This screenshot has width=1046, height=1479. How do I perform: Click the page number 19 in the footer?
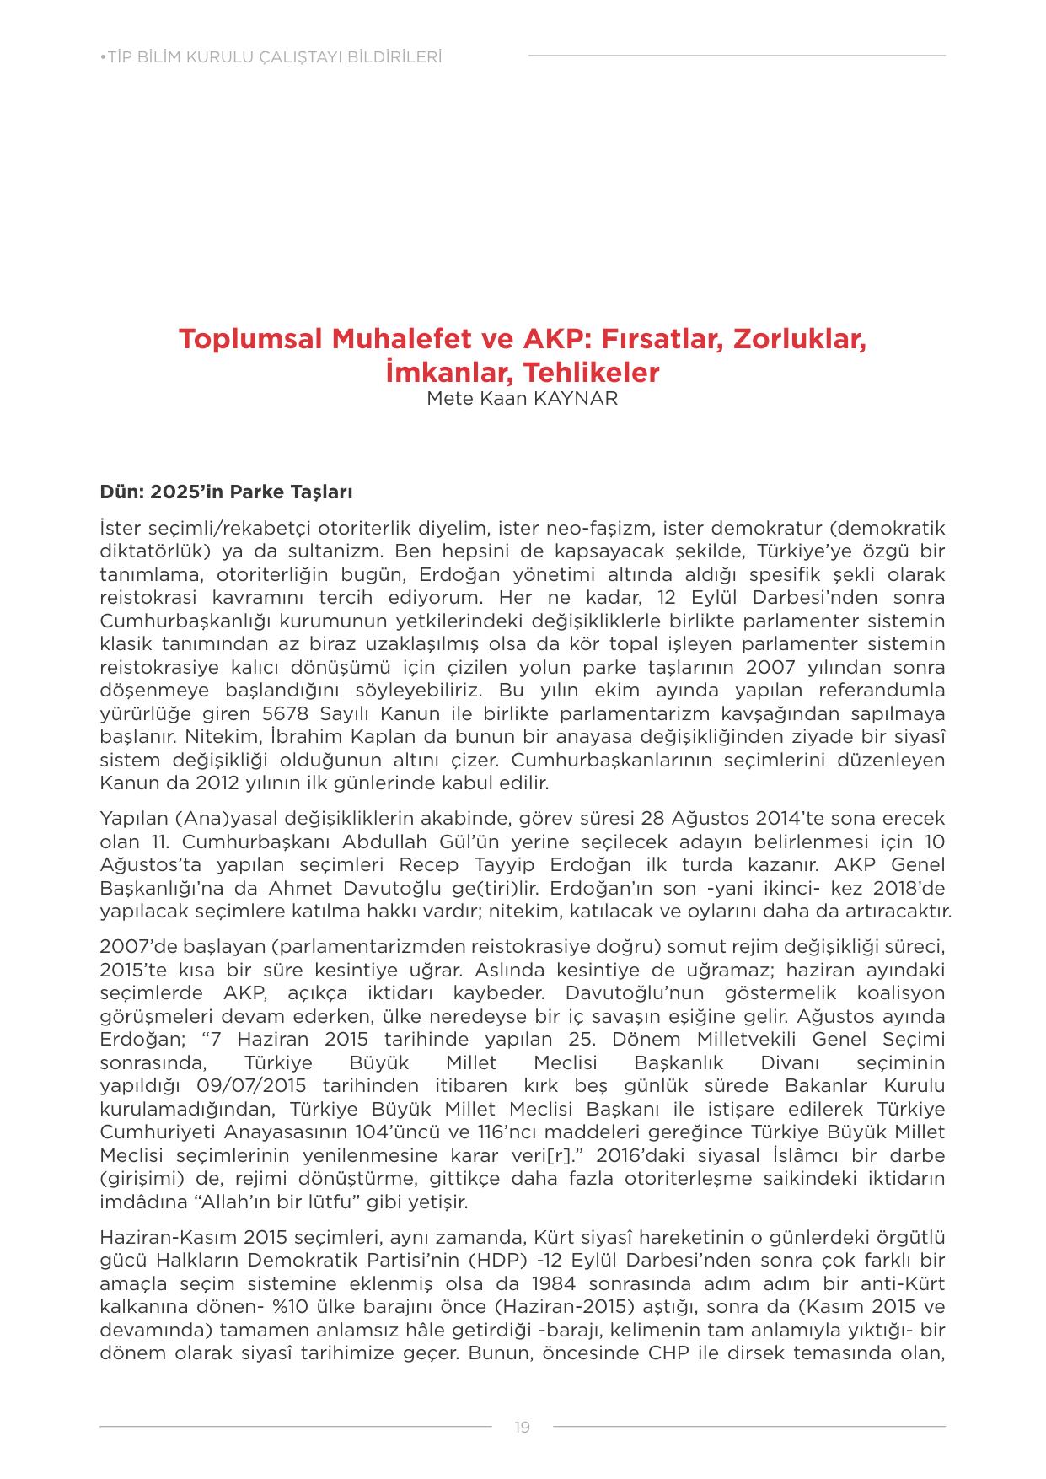point(522,1427)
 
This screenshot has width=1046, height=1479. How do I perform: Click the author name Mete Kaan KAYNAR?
point(522,399)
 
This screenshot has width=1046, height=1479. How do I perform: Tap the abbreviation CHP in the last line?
point(669,1377)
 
